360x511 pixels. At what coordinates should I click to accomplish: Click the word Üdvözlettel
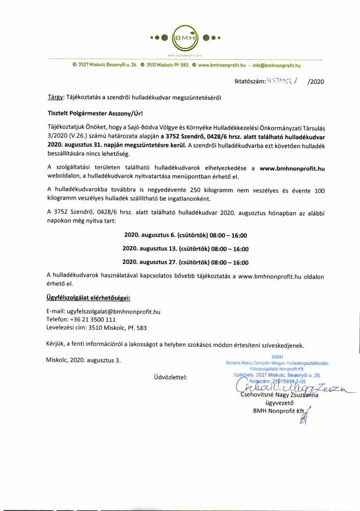click(171, 377)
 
